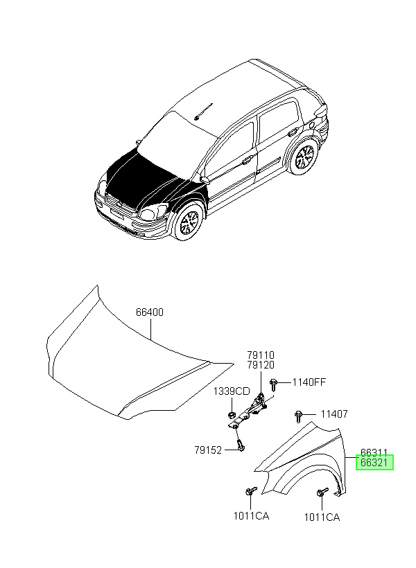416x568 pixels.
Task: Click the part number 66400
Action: [150, 312]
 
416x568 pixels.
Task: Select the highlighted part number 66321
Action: [374, 463]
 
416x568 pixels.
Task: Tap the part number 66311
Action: [374, 452]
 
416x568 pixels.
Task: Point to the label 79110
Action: [261, 355]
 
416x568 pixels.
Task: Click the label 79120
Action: [261, 365]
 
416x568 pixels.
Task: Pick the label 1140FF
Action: [309, 382]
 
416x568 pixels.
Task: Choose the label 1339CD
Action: [232, 391]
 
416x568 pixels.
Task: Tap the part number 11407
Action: [334, 414]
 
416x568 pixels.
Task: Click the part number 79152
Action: [208, 450]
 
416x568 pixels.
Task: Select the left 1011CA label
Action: [252, 515]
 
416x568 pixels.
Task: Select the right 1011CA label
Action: [322, 517]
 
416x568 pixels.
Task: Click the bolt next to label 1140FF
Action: [274, 384]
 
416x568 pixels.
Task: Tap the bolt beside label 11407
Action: [299, 416]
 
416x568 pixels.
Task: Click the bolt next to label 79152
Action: [241, 445]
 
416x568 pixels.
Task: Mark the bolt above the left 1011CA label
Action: [250, 491]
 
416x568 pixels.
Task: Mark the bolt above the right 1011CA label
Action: [322, 492]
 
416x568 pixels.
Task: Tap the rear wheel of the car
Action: [304, 157]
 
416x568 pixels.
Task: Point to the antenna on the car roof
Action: [203, 112]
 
